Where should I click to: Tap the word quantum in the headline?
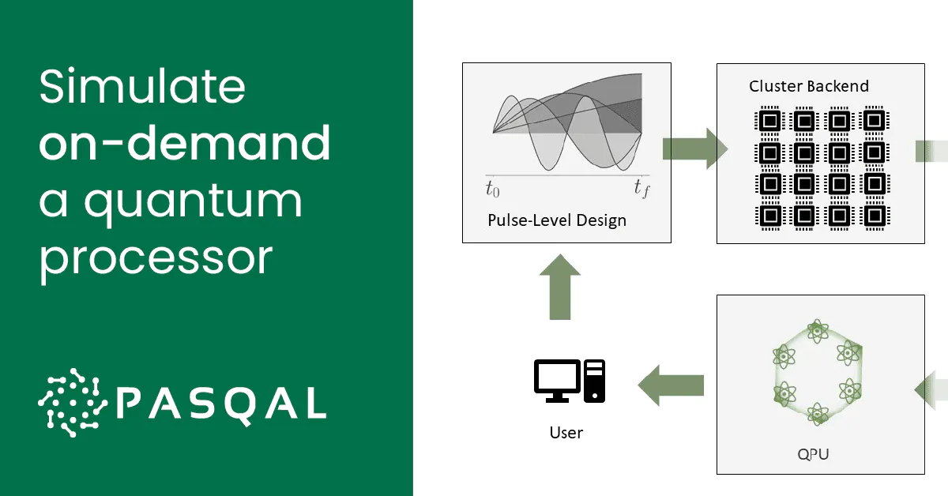click(x=194, y=201)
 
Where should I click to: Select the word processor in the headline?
click(x=156, y=257)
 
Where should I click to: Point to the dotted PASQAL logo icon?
click(x=71, y=402)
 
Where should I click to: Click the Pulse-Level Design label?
click(x=557, y=220)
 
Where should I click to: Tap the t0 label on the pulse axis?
click(x=492, y=188)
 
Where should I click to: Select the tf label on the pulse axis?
click(x=641, y=188)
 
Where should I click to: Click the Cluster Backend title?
click(x=808, y=86)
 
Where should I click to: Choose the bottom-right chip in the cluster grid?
click(x=874, y=215)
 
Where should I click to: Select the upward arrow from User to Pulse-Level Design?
click(x=560, y=286)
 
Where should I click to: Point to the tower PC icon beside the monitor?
click(x=595, y=380)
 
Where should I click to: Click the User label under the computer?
click(x=566, y=432)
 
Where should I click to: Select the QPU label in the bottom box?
click(x=819, y=454)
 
